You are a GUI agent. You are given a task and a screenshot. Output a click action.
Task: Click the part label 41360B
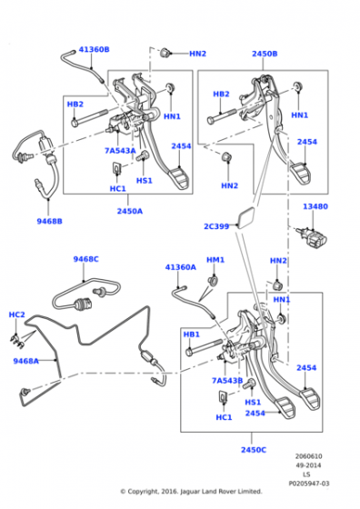coord(95,50)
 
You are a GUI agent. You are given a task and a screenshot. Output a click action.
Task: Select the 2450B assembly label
coord(265,54)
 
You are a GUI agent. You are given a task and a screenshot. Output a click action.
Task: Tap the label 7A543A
coord(120,151)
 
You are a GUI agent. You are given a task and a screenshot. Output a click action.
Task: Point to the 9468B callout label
coord(49,222)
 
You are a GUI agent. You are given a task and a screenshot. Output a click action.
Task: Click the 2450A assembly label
coord(129,211)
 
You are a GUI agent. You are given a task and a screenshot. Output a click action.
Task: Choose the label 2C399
coord(216,226)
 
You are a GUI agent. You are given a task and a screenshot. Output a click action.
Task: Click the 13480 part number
coord(315,206)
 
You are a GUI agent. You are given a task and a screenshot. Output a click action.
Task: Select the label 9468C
coord(86,259)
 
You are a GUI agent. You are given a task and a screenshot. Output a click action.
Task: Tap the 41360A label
coord(181,267)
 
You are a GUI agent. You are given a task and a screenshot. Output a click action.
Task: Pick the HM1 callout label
coord(215,260)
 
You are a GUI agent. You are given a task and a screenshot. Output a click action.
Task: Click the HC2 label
coord(16,314)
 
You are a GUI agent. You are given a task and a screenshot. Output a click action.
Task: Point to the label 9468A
coord(26,361)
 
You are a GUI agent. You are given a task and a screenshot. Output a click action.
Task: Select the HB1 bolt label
coord(192,334)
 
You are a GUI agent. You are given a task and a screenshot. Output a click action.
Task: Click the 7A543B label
coord(227,381)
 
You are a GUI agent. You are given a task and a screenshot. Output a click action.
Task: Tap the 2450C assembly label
coord(254,450)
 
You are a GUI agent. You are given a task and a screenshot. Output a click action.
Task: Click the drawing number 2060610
coord(309,456)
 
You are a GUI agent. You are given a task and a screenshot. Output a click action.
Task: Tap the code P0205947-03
coord(309,484)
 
